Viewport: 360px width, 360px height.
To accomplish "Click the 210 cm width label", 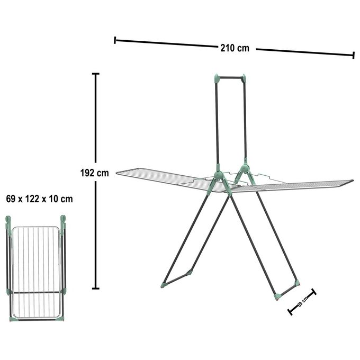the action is pyautogui.click(x=235, y=48).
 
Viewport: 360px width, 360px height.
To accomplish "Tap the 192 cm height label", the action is pyautogui.click(x=94, y=173).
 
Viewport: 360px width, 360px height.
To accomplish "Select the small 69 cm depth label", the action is pyautogui.click(x=302, y=301).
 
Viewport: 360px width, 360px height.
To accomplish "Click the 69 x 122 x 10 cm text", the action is pyautogui.click(x=40, y=199).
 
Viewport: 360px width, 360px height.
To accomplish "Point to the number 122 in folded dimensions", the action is pyautogui.click(x=32, y=199).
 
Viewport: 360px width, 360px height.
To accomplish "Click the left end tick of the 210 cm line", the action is pyautogui.click(x=115, y=40).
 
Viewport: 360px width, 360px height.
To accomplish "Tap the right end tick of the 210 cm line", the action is pyautogui.click(x=354, y=55).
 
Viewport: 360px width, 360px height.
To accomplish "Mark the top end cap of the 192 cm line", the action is pyautogui.click(x=95, y=74).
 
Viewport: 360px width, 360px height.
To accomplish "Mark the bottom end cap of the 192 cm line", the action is pyautogui.click(x=95, y=289).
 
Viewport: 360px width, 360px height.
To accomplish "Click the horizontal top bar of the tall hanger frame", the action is pyautogui.click(x=231, y=78).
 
